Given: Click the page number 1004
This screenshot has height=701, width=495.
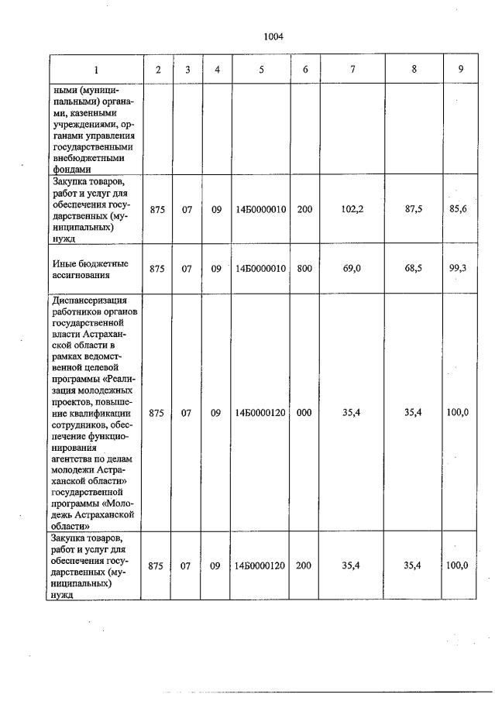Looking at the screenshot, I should click(273, 36).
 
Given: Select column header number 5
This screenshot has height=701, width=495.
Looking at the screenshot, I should click(261, 70).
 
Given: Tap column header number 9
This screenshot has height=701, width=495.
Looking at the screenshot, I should click(460, 70).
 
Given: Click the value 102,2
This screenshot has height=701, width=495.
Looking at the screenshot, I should click(352, 209).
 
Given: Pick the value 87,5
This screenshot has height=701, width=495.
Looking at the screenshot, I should click(414, 209).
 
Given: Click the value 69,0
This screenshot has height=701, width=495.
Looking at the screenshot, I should click(352, 268).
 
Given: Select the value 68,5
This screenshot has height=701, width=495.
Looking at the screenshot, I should click(414, 268).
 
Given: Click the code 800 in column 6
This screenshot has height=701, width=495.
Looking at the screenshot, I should click(304, 268).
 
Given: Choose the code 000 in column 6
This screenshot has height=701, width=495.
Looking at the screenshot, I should click(304, 413).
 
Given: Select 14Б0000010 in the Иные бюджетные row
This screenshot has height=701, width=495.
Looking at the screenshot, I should click(261, 268).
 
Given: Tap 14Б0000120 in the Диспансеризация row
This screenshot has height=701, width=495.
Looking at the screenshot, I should click(261, 413).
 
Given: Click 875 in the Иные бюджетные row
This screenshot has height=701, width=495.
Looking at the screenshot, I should click(157, 268).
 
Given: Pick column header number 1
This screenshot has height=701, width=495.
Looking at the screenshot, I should click(96, 70).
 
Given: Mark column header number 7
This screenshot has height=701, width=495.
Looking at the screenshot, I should click(352, 70).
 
